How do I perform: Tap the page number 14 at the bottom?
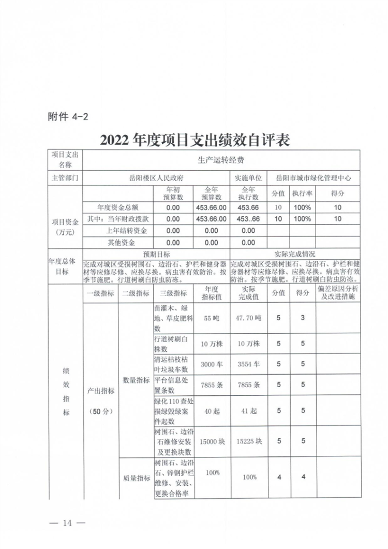point(66,522)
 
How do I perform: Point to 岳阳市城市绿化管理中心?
point(314,177)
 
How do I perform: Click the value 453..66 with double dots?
point(248,219)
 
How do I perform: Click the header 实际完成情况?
point(294,255)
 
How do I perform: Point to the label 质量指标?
point(136,478)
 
